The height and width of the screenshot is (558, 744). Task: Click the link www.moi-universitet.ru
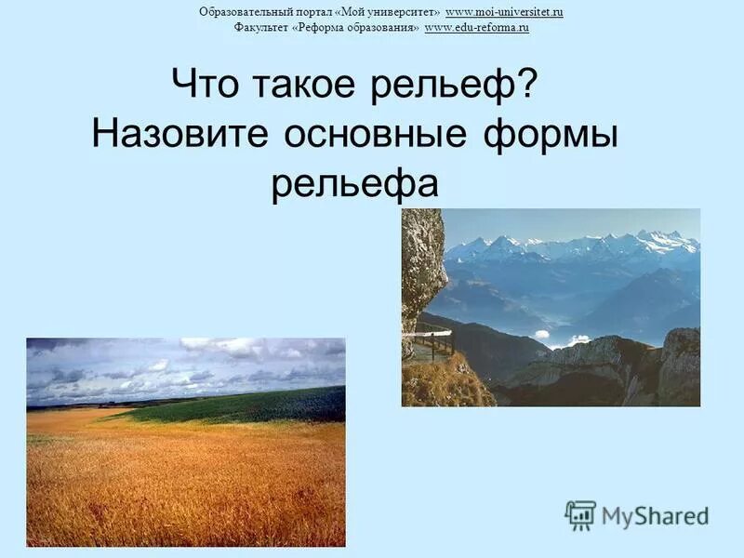[x=504, y=12]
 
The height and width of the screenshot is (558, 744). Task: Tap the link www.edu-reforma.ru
[x=476, y=29]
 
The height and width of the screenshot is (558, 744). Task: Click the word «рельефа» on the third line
[x=354, y=184]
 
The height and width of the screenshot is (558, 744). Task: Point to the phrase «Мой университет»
[x=393, y=12]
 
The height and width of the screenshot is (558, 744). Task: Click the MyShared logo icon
[x=580, y=515]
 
